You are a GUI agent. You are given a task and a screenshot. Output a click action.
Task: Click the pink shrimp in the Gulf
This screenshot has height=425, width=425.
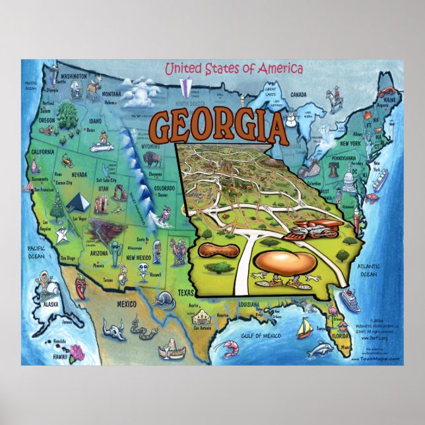point(232,344)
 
